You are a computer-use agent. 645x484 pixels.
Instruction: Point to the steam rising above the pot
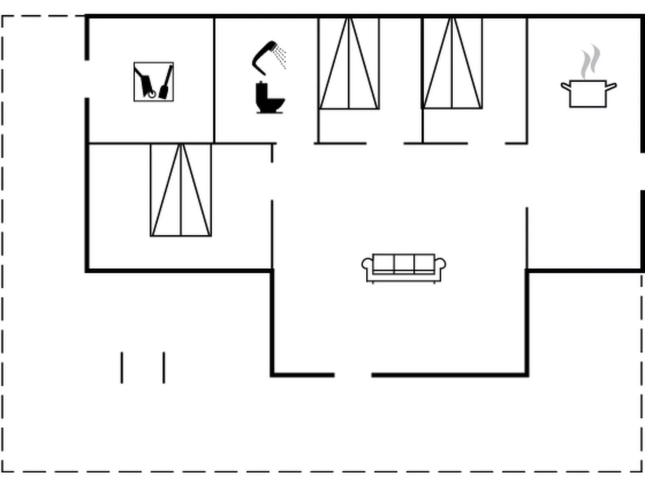click(590, 62)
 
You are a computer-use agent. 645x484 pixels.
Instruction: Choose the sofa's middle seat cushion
click(404, 263)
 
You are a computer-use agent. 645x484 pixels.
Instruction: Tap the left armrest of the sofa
click(367, 265)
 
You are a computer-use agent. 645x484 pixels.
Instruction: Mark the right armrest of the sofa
click(441, 265)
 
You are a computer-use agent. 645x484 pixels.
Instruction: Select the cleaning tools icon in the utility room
click(154, 82)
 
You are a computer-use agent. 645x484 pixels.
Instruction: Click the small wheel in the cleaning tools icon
click(152, 94)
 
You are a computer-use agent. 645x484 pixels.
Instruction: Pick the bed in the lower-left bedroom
click(181, 190)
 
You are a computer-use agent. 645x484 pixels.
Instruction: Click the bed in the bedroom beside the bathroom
click(349, 63)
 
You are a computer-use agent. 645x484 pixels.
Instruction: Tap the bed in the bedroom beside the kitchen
click(452, 63)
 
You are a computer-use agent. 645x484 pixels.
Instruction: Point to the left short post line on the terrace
click(122, 368)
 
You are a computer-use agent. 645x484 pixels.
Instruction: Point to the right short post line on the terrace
click(164, 368)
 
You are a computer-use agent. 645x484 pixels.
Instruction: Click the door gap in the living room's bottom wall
click(353, 375)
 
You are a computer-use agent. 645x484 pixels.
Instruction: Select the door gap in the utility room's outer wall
click(87, 79)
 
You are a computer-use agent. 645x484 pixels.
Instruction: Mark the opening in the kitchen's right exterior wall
click(642, 172)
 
